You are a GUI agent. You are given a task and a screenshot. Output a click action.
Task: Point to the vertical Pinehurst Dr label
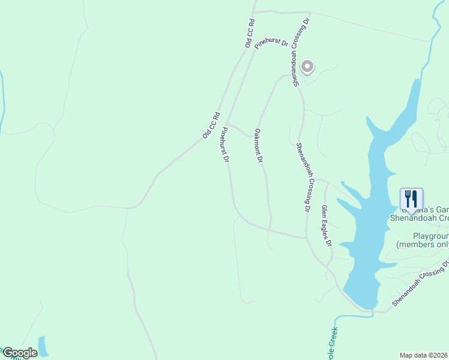225,145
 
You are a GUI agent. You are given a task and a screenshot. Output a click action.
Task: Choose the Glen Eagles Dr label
327,226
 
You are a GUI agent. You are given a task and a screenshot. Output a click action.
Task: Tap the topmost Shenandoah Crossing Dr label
301,52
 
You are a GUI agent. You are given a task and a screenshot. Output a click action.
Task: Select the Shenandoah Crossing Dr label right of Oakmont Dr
302,178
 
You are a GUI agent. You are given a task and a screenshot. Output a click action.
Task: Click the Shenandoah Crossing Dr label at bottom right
421,284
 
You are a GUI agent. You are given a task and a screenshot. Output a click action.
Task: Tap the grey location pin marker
307,67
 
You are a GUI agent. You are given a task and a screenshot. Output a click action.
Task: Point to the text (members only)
423,245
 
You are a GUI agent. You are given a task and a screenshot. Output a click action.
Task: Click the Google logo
19,353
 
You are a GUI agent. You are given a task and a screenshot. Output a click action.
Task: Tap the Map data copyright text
424,355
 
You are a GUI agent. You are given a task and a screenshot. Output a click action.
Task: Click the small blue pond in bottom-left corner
43,346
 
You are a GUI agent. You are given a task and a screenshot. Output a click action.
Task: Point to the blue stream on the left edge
2,102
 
